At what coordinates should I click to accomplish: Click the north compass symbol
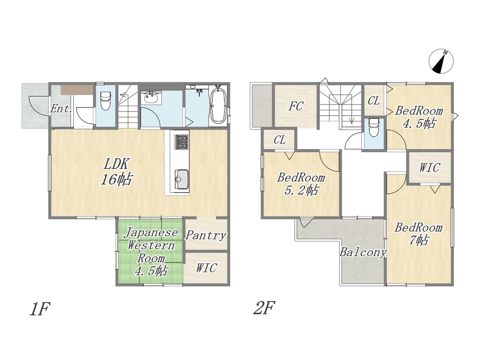441,61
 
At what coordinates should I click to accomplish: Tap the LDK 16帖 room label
117,172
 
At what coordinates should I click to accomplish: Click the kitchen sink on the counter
182,180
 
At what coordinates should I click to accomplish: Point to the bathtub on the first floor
218,105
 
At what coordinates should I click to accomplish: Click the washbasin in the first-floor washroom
151,98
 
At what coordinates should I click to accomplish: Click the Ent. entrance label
61,108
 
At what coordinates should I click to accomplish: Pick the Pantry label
206,235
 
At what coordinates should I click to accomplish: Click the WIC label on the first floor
206,268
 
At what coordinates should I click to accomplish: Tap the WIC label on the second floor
430,167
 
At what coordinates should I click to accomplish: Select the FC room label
296,106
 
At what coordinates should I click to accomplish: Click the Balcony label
363,252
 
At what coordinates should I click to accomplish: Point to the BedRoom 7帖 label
419,234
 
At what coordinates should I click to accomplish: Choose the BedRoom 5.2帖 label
301,184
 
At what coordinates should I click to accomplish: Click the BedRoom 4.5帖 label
419,117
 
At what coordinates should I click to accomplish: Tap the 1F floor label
39,309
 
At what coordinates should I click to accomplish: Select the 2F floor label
264,308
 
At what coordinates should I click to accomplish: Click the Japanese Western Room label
151,252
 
